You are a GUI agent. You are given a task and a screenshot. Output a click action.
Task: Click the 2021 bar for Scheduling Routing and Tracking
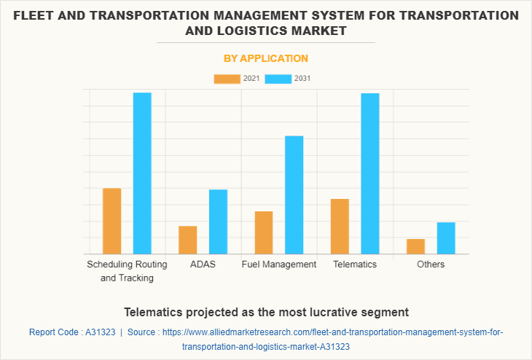pos(112,221)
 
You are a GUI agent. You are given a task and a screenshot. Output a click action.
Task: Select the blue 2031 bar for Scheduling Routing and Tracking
pos(142,173)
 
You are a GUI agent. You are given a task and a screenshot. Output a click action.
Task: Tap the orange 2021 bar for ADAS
pos(188,240)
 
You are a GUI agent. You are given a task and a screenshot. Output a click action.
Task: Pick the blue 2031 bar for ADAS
pos(218,222)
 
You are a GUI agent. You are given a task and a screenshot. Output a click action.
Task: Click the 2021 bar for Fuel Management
pos(264,232)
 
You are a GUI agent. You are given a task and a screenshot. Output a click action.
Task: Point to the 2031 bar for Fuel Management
pos(294,195)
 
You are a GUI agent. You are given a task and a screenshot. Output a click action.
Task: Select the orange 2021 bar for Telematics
pos(340,226)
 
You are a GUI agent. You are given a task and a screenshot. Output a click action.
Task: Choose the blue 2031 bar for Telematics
pos(370,173)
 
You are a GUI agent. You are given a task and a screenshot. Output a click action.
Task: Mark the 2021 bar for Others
pos(415,246)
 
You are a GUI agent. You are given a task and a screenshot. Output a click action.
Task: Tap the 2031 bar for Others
pos(446,238)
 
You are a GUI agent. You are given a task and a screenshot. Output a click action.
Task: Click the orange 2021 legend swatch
pos(227,79)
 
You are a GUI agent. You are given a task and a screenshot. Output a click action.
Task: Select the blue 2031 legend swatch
pos(278,79)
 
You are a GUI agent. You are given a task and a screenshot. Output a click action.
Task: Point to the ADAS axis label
pos(203,265)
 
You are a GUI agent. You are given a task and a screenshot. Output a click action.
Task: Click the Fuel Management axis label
pos(279,265)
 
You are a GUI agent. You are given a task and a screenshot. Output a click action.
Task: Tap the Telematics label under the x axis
pos(355,265)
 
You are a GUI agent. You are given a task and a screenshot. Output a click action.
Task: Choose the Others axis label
pos(431,265)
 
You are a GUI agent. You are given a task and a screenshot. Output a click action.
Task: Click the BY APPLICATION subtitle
pos(265,58)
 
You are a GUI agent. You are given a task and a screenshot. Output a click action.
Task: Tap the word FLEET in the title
pos(36,15)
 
